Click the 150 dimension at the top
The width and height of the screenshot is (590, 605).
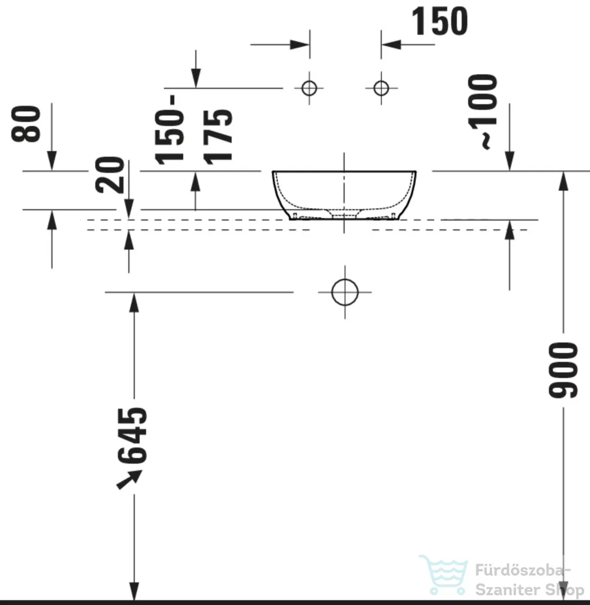point(440,21)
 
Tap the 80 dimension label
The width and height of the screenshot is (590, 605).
point(26,124)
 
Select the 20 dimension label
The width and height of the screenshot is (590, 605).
point(110,175)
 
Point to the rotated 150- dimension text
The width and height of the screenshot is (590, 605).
point(169,130)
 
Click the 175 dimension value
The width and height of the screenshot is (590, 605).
point(218,137)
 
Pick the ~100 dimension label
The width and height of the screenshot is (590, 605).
point(482,112)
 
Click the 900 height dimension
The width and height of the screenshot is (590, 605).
point(563,370)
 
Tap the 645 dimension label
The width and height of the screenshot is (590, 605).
point(132,435)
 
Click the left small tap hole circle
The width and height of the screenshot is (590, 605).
point(309,88)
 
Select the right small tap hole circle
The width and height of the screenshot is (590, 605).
point(381,88)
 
